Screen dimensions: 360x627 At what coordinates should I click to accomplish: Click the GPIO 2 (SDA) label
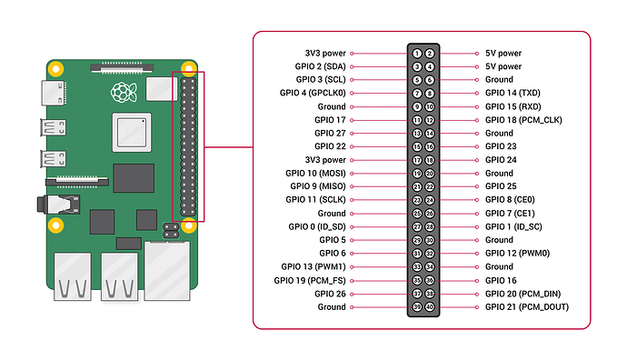tap(317, 66)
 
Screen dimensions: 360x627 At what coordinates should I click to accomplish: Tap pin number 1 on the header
tap(416, 54)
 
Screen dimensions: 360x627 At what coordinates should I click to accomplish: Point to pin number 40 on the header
tap(430, 306)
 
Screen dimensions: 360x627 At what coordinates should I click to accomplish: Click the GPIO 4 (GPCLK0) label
tap(311, 93)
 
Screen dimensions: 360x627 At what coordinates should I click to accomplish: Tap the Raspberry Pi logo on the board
tap(122, 91)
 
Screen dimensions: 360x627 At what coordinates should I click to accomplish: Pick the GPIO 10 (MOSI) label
tap(315, 173)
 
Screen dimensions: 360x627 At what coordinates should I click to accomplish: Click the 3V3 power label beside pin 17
tap(325, 160)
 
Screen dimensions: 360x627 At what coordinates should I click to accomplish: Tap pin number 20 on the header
tap(430, 173)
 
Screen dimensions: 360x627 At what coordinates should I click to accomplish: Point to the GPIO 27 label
tap(330, 133)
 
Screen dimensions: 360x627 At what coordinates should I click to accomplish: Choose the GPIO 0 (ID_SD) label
tap(317, 226)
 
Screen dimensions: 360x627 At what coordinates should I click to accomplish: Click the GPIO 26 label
tap(330, 294)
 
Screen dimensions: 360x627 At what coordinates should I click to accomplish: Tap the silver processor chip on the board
tap(125, 134)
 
